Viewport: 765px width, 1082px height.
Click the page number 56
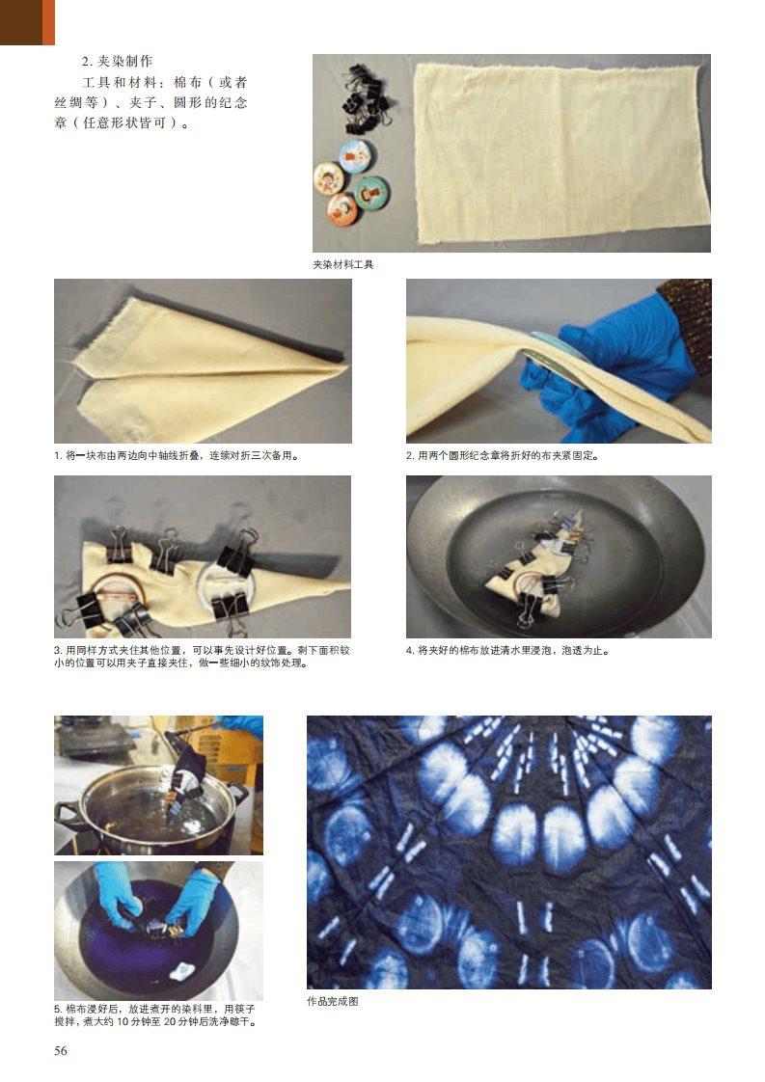[x=61, y=1050]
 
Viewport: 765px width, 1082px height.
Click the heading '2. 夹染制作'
[x=118, y=62]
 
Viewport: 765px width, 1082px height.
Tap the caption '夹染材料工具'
[x=343, y=264]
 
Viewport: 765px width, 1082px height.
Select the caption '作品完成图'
[x=333, y=1001]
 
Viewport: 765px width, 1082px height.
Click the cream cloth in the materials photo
[x=561, y=153]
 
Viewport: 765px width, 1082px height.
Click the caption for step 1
[x=177, y=455]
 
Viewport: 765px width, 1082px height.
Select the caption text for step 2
[x=502, y=455]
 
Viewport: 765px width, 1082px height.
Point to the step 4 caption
[x=507, y=650]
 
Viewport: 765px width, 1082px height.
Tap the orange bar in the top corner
[x=48, y=22]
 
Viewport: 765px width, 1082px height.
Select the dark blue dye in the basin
[x=150, y=937]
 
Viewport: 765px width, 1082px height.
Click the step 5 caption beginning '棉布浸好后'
[x=156, y=1015]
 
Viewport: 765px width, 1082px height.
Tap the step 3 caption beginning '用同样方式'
[x=203, y=656]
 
